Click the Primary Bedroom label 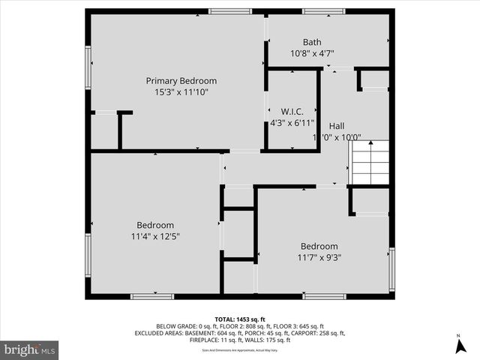click(181, 81)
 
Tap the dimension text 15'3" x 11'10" click(181, 92)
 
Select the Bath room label click(312, 42)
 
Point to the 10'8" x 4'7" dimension click(312, 53)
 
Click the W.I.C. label click(292, 111)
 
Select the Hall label click(337, 126)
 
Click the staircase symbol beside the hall click(371, 163)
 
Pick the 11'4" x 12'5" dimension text click(155, 236)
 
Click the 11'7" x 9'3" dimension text click(319, 257)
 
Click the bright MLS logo click(30, 349)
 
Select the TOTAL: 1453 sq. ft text click(240, 319)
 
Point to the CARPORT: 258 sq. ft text click(318, 333)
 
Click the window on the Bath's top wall click(323, 11)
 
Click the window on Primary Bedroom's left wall click(88, 67)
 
